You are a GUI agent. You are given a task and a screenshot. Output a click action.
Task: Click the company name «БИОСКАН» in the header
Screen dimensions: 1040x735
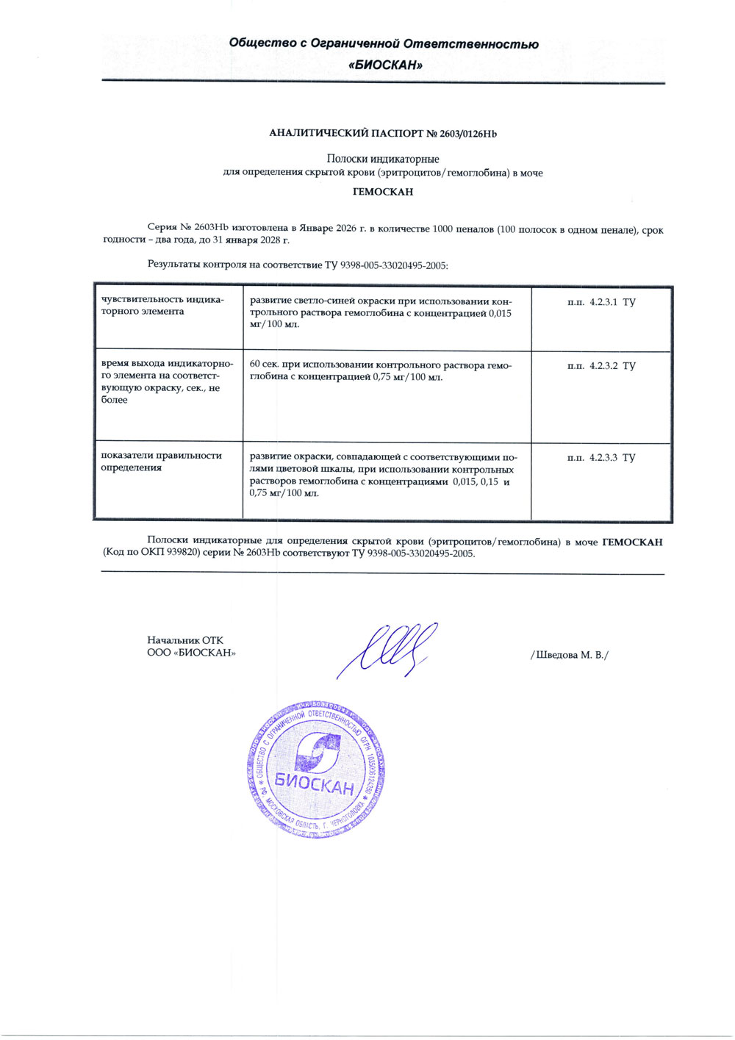[x=385, y=65]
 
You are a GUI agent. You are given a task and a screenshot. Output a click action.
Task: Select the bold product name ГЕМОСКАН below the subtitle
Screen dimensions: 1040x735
[x=383, y=192]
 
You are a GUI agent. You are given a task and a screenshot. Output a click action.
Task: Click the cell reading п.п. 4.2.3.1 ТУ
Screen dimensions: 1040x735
[x=601, y=302]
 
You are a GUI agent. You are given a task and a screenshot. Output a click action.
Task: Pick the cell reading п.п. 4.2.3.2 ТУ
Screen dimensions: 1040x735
[x=601, y=366]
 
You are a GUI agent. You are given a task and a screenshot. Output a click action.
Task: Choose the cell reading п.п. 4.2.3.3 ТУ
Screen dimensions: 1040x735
[x=601, y=458]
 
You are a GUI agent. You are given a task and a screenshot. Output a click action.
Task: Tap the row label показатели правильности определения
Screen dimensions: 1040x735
[x=161, y=462]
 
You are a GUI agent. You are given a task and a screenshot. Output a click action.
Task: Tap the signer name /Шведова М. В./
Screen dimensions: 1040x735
[x=569, y=655]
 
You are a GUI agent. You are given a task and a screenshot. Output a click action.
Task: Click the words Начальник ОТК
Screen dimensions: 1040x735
[x=185, y=640]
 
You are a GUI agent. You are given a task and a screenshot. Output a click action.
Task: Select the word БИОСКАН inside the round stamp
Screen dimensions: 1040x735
[x=315, y=783]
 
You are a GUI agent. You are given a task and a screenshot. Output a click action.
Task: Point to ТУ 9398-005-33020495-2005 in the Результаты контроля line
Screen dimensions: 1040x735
[x=387, y=265]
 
